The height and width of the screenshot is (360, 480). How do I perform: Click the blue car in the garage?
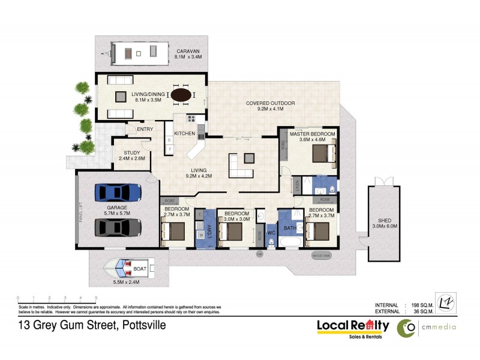point(118,192)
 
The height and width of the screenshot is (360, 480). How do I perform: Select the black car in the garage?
point(118,227)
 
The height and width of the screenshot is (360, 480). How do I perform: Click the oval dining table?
point(182,95)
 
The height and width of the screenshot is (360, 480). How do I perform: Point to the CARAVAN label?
point(187,51)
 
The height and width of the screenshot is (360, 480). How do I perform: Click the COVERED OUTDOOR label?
point(270,103)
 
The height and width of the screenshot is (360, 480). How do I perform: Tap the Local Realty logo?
point(353,327)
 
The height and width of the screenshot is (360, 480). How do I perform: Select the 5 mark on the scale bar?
point(95,298)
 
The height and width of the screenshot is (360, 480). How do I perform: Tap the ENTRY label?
point(145,129)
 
